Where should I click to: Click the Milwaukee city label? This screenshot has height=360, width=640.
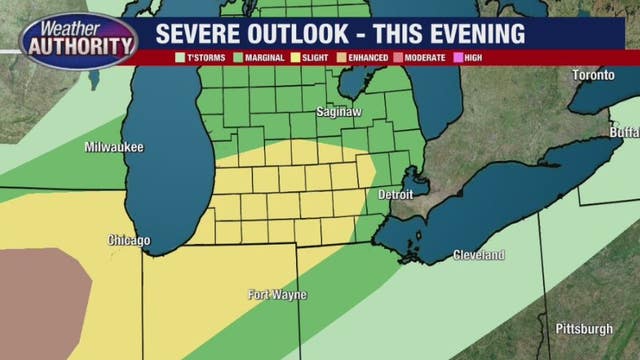pos(114,148)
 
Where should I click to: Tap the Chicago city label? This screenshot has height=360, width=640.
pos(129,241)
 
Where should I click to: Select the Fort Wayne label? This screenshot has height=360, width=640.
pos(277,295)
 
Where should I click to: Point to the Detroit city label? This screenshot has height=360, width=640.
pos(395,194)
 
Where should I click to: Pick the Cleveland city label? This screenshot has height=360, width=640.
pos(478,256)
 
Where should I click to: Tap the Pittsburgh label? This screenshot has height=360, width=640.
pos(584,329)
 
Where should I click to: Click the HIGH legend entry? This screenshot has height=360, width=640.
pos(471,58)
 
